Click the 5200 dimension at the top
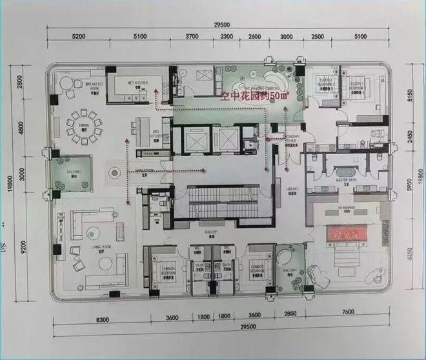click(x=79, y=37)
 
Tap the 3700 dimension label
click(x=192, y=37)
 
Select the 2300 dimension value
click(x=227, y=37)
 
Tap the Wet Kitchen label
click(x=134, y=84)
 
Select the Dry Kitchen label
click(x=156, y=135)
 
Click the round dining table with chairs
click(x=85, y=127)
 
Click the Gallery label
click(x=211, y=232)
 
